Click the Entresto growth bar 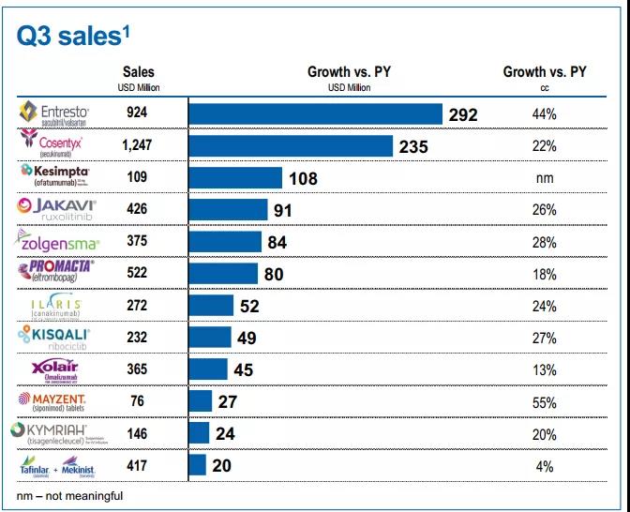315,114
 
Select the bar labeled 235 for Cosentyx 291,146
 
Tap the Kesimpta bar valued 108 235,178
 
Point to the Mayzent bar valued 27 201,402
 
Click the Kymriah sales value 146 137,434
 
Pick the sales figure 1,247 137,146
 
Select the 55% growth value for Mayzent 544,402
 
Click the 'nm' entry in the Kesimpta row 544,178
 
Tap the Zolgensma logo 59,242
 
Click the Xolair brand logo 59,369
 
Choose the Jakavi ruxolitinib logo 58,209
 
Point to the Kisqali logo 58,337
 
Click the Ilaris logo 58,306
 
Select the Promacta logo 58,273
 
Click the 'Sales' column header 138,72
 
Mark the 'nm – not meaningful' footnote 69,495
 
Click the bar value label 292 462,115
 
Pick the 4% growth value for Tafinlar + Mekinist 544,466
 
